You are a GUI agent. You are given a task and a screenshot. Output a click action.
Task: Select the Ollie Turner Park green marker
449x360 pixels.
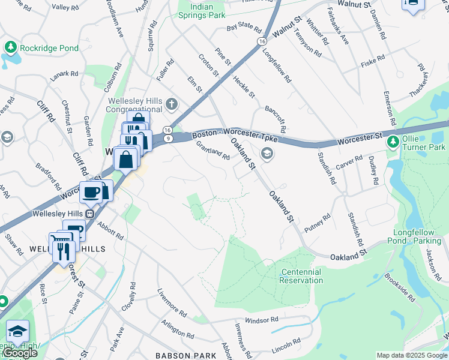tap(393, 142)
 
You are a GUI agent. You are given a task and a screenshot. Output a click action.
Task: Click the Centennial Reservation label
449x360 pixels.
tap(301, 276)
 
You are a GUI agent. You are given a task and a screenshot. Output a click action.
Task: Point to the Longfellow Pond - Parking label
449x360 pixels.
tap(417, 236)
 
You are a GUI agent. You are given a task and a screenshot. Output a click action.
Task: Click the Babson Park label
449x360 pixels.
tap(185, 355)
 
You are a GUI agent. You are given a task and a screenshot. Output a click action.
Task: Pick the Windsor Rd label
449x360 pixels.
tap(262, 320)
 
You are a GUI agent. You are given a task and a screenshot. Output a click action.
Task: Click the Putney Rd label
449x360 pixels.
tap(318, 223)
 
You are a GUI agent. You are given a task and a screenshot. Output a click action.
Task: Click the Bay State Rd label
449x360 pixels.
tap(244, 29)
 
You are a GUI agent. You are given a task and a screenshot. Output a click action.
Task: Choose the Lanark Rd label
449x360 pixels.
tap(65, 74)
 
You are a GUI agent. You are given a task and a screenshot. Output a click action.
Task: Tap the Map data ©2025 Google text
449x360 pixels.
tap(411, 355)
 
